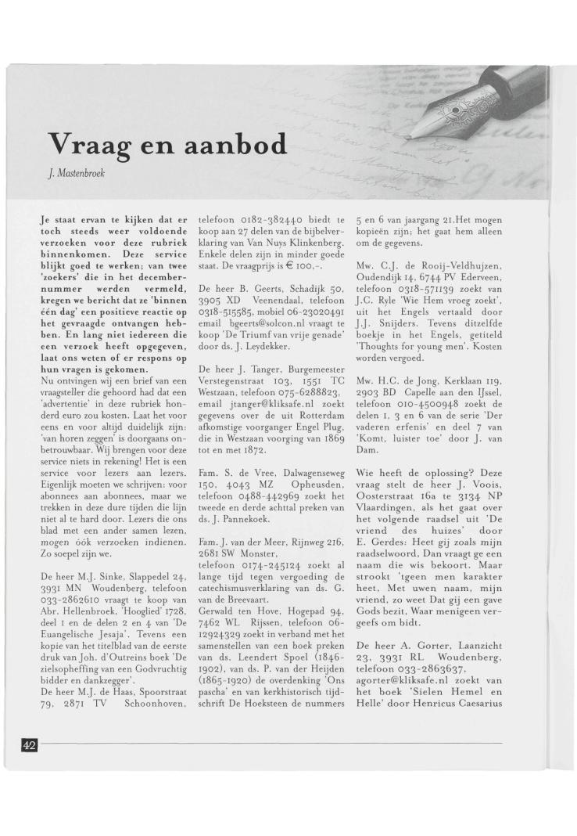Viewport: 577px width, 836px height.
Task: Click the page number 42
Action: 29,744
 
